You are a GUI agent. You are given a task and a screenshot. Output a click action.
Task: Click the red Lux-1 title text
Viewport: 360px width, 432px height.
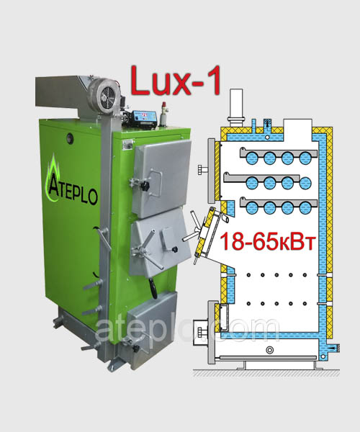click(176, 81)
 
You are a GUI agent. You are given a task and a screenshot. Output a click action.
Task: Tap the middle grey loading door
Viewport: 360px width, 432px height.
click(160, 242)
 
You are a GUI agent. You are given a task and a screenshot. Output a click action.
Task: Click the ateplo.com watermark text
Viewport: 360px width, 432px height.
click(187, 330)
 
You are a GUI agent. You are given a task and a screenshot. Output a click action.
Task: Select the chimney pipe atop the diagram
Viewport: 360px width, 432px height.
click(236, 108)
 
